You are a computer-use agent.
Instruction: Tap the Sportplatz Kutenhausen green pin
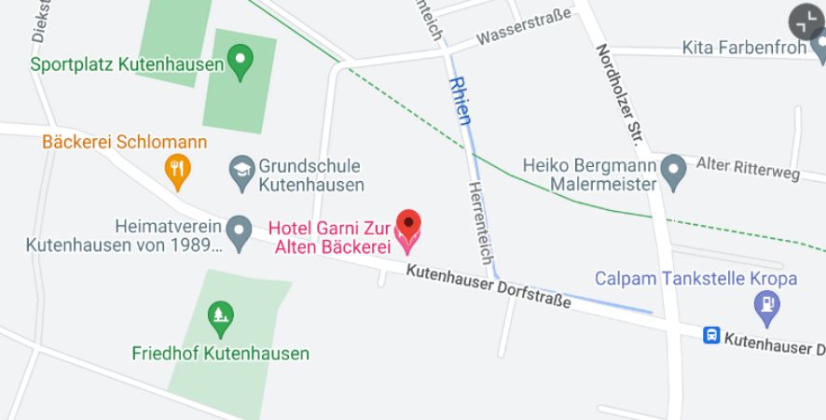pos(241,62)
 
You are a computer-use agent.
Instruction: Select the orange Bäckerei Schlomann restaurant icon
pos(177,169)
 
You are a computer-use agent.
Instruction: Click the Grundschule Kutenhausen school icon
pos(242,169)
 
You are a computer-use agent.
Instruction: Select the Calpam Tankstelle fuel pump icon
pos(766,304)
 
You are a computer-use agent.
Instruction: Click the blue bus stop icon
pos(711,335)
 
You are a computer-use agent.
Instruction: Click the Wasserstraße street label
pos(523,28)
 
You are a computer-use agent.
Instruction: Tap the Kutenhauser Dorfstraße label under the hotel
pos(489,287)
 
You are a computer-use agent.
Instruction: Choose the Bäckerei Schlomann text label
pos(124,143)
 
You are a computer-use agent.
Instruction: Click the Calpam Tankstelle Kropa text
pos(695,278)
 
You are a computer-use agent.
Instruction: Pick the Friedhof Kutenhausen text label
pos(220,354)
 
